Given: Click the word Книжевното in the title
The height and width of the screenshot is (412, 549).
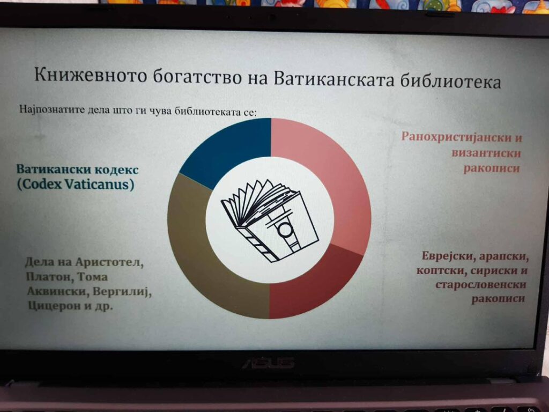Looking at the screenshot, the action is [91, 75].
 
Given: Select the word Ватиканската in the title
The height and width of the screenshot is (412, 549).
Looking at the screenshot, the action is [333, 79].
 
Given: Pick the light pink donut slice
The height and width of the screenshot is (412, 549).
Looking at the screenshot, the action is [332, 175].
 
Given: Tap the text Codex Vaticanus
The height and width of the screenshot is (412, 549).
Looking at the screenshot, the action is [76, 185].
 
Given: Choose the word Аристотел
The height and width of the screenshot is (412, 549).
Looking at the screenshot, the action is [109, 262].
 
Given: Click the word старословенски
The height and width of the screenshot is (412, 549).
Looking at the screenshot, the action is [481, 284].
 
